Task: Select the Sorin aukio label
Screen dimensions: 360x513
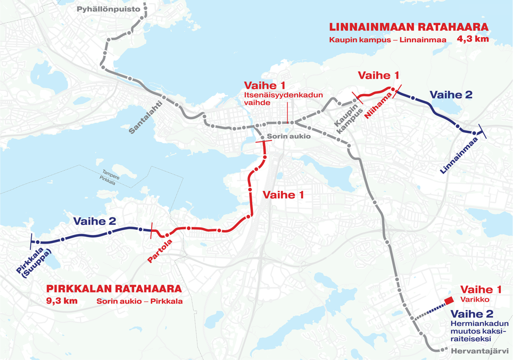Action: pyautogui.click(x=289, y=136)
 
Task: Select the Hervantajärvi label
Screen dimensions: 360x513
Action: pyautogui.click(x=479, y=351)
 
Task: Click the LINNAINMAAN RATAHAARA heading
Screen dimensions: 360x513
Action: pyautogui.click(x=409, y=28)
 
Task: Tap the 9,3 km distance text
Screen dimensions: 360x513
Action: pyautogui.click(x=62, y=301)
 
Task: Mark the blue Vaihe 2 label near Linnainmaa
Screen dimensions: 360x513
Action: pyautogui.click(x=451, y=95)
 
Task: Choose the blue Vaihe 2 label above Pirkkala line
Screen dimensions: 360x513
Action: pyautogui.click(x=94, y=222)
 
